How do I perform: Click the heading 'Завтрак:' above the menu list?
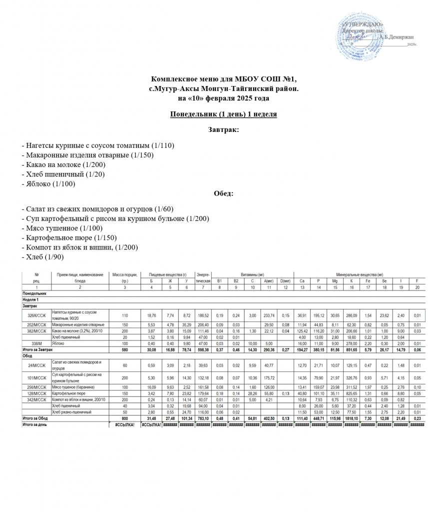(223, 129)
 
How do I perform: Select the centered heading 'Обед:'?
(223, 193)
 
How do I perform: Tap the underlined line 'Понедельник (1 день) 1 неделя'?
(223, 114)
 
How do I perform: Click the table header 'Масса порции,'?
(124, 274)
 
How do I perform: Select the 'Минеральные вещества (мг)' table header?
(360, 274)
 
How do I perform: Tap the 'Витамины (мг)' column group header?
(252, 274)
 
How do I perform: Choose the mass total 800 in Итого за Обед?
(124, 418)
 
